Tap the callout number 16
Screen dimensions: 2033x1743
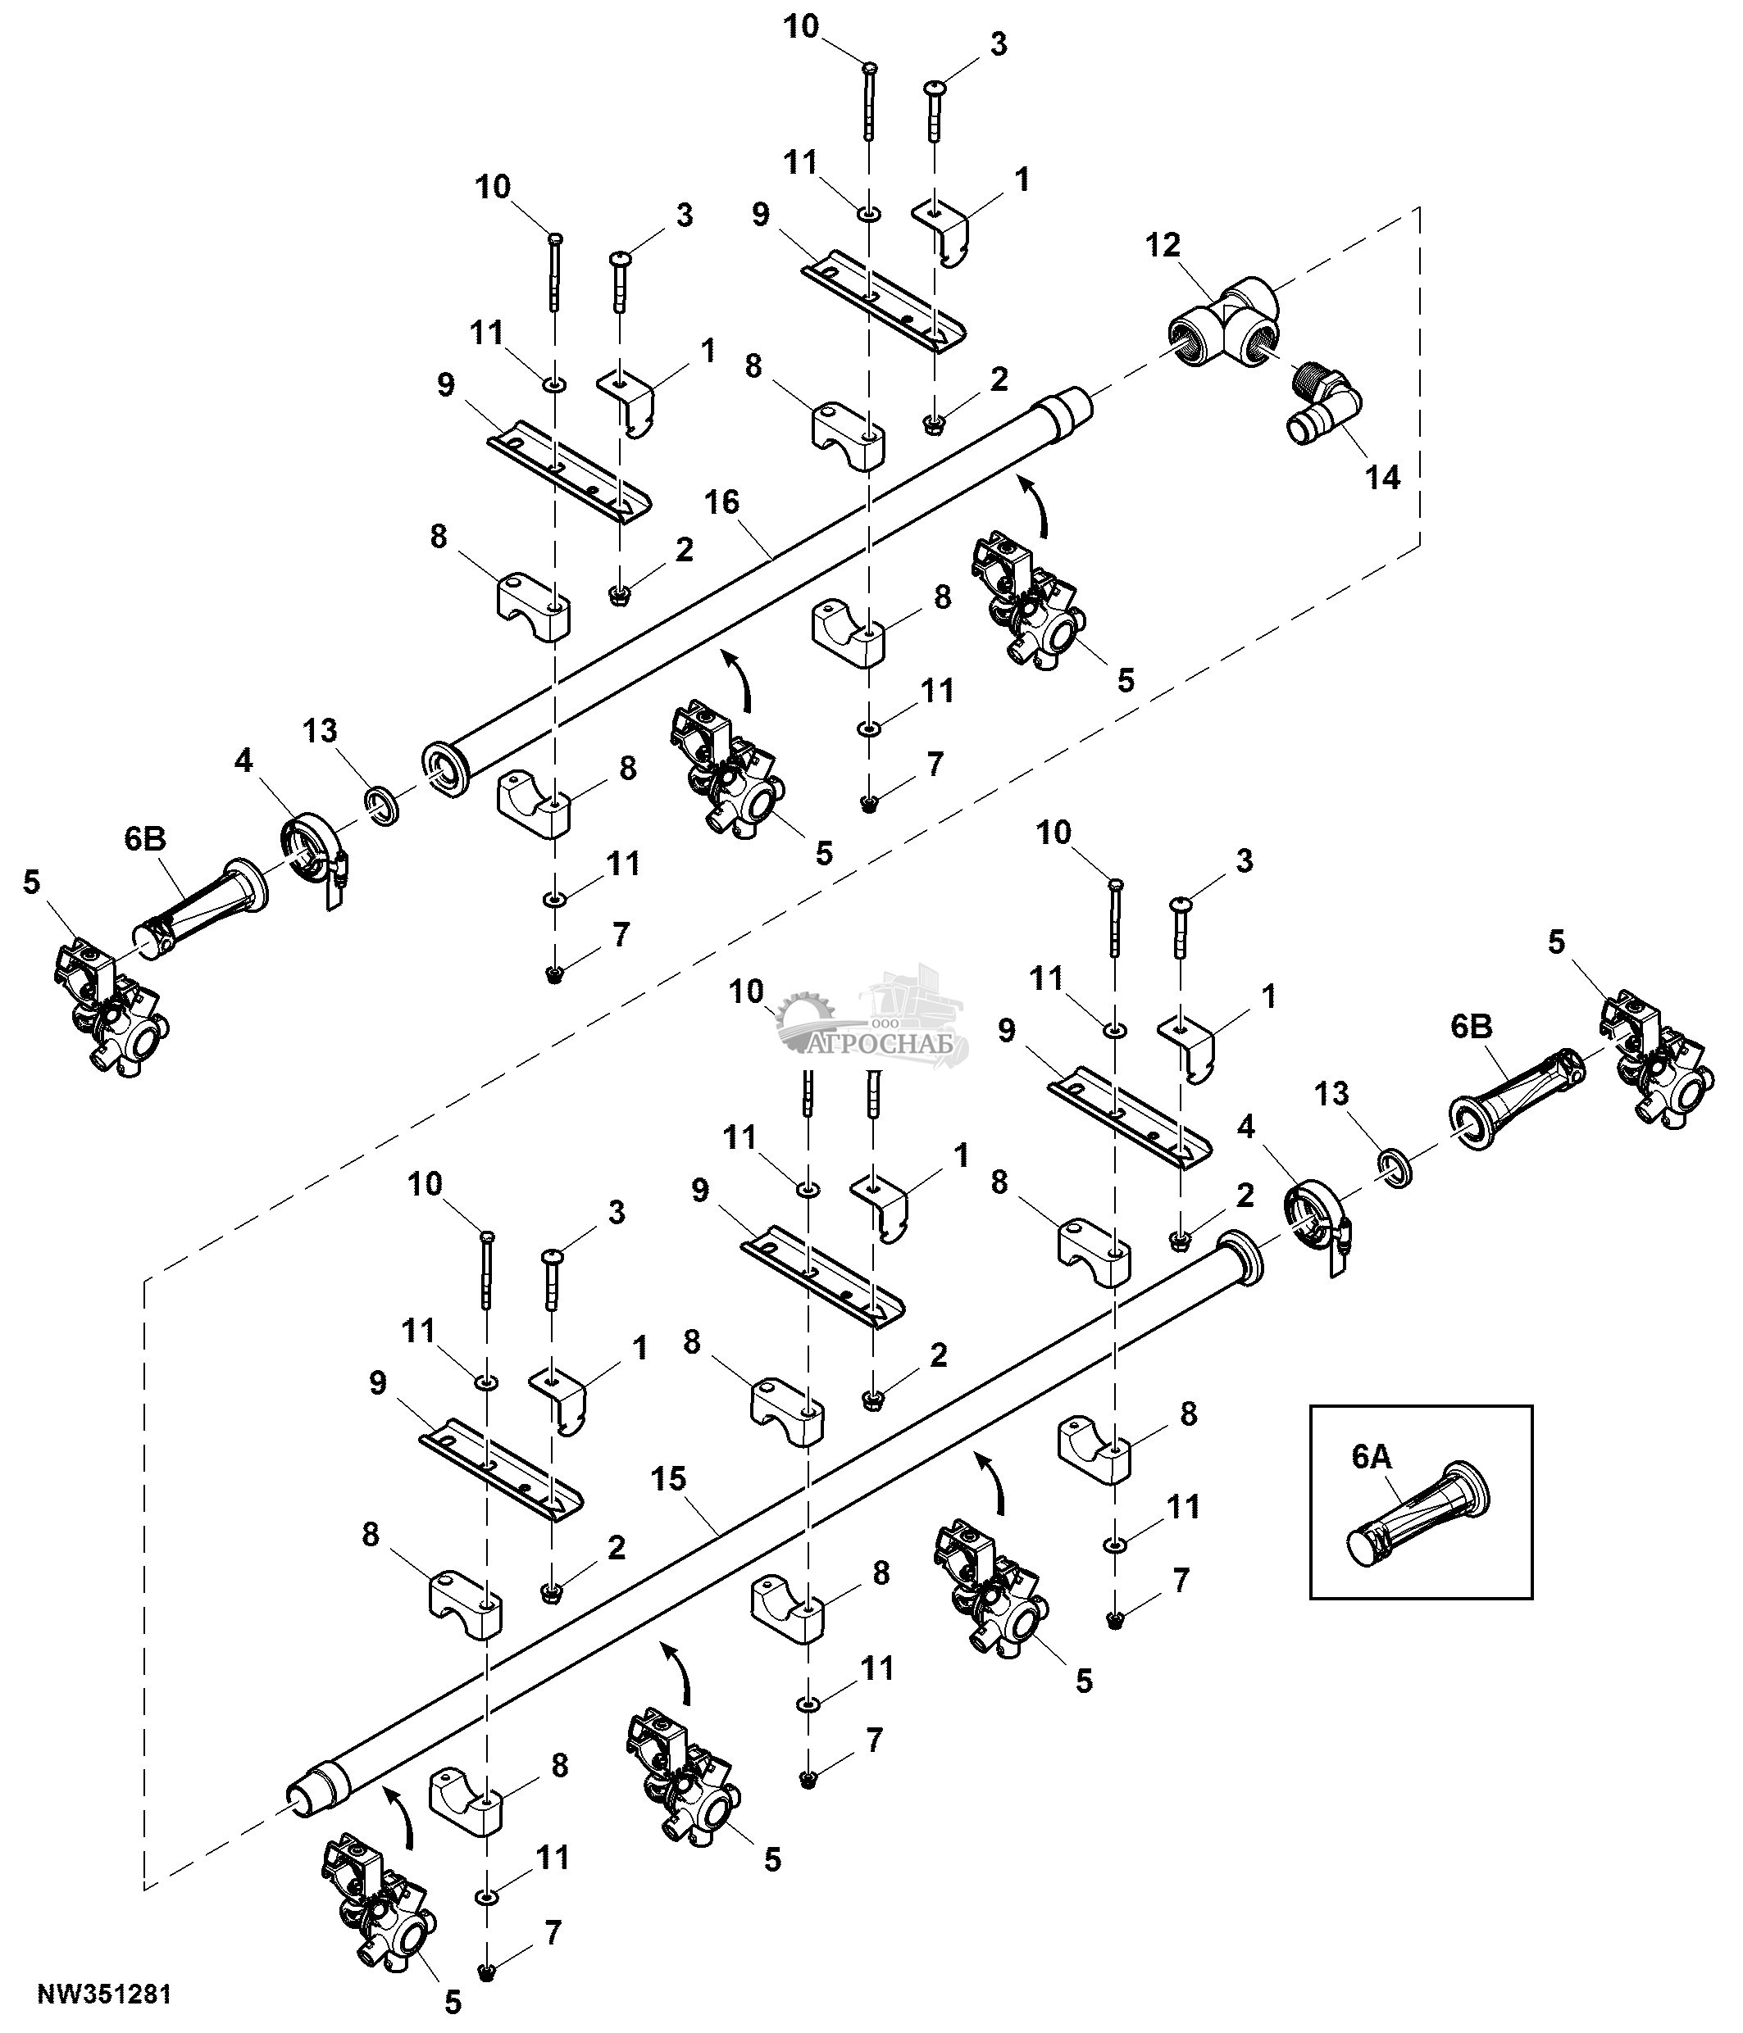click(x=721, y=502)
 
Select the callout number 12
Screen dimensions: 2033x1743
click(x=1163, y=244)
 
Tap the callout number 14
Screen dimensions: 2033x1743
click(x=1383, y=478)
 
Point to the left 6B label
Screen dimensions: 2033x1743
click(x=145, y=839)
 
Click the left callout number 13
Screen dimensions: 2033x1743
click(x=320, y=730)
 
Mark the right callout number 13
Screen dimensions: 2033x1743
click(x=1331, y=1094)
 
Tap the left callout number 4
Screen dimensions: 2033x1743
click(x=243, y=760)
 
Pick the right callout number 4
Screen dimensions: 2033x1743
click(x=1245, y=1128)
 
